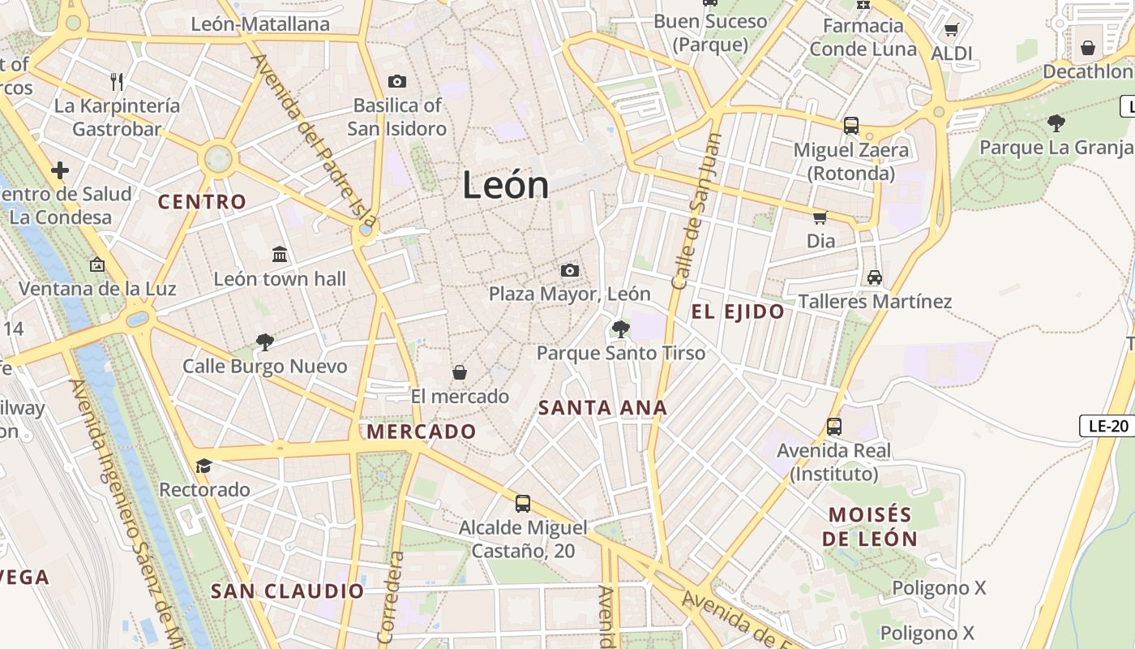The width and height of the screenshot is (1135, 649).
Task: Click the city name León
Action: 506,186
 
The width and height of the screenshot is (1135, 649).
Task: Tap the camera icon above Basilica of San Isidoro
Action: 396,81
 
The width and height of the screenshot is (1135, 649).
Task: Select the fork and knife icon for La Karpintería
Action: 117,81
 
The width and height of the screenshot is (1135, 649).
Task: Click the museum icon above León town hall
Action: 280,255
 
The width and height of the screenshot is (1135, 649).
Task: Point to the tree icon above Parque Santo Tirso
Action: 621,329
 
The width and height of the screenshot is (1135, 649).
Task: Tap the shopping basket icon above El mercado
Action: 460,372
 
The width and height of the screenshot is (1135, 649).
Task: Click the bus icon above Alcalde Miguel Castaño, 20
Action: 523,504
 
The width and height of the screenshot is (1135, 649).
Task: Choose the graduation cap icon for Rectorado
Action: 203,466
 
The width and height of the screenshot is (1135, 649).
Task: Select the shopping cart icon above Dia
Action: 820,217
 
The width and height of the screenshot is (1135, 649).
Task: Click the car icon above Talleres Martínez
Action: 875,277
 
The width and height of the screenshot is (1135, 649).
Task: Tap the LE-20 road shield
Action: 1108,425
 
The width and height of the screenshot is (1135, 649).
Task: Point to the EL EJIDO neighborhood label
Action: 738,312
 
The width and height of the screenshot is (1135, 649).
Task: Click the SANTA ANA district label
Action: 602,408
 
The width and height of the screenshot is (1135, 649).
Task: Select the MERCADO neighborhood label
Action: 422,432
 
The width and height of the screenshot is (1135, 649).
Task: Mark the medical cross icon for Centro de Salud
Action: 60,170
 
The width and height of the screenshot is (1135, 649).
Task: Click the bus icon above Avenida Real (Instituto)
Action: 833,427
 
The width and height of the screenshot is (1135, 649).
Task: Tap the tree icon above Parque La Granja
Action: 1056,123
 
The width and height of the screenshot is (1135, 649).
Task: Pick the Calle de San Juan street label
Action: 696,211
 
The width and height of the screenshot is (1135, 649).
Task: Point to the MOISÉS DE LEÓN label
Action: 870,527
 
